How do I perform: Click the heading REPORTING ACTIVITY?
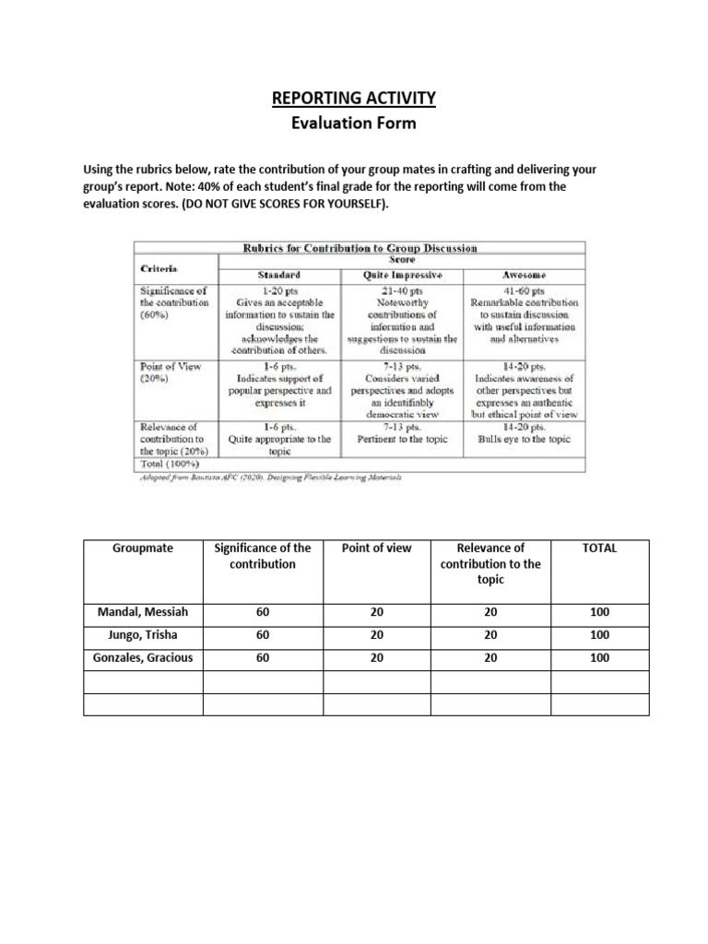(x=353, y=98)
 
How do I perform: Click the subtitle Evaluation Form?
(x=353, y=123)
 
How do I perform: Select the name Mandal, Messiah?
(x=142, y=611)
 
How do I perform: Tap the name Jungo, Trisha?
(x=142, y=634)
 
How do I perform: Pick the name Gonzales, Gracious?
(x=142, y=657)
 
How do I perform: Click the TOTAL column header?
(x=599, y=548)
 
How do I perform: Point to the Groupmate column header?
(x=142, y=548)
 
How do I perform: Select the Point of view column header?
(x=376, y=548)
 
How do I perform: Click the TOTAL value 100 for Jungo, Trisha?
(x=599, y=634)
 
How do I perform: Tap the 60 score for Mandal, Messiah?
(x=262, y=611)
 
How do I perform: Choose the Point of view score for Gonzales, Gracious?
(x=376, y=657)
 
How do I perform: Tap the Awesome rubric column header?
(x=524, y=275)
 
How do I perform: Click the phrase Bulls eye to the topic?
(x=524, y=440)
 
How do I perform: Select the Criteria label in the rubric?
(x=159, y=266)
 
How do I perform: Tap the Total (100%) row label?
(x=170, y=464)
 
